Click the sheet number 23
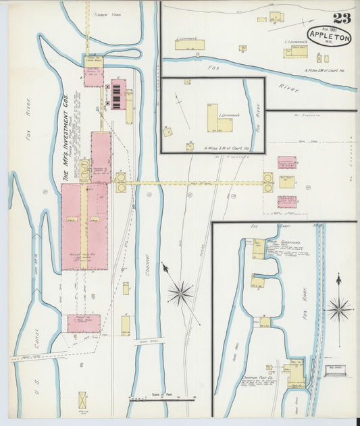341,19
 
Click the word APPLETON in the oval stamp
329,37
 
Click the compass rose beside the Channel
180,292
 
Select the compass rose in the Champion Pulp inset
338,309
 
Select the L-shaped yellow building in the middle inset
217,119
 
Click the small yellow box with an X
82,400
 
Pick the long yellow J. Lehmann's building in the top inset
190,45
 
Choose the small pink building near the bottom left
83,323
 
